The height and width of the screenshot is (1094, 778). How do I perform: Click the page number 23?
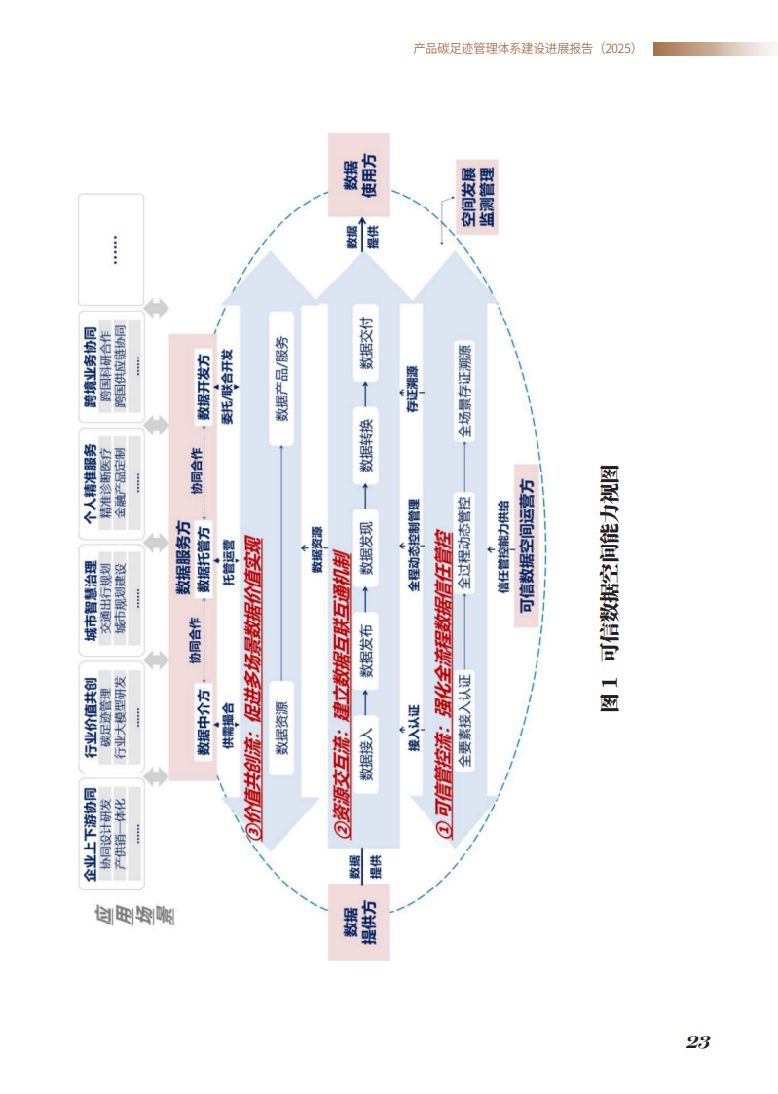coord(697,1041)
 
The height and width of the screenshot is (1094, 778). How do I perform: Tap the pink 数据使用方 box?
coord(358,175)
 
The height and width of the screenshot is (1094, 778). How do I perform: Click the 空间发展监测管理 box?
coord(477,196)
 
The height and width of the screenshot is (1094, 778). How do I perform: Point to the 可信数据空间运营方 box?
coord(526,545)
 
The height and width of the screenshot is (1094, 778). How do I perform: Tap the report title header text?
coord(525,48)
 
